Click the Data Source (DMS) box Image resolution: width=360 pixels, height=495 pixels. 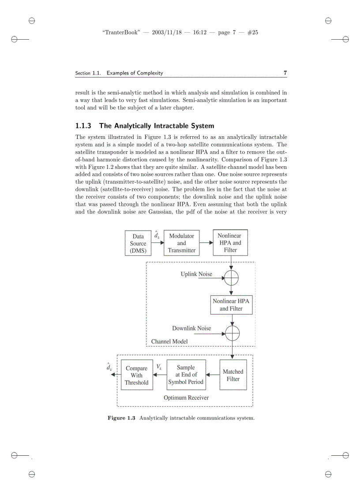coord(138,243)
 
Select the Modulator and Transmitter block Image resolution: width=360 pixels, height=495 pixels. coord(181,243)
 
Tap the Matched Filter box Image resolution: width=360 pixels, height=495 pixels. coord(233,375)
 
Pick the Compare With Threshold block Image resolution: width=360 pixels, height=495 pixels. coord(136,376)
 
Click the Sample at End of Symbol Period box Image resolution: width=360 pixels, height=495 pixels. coord(186,375)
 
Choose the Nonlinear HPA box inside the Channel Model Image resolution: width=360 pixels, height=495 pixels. coord(231,305)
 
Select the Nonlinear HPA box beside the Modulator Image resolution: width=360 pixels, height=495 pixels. coord(230,242)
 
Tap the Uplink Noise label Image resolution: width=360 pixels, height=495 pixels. coord(196,274)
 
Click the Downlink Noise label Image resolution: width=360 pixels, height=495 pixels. coord(191,328)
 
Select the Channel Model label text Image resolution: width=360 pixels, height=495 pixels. coord(169,342)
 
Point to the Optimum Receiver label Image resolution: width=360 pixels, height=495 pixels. coord(186,398)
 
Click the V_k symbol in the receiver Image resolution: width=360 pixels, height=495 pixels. coord(159,367)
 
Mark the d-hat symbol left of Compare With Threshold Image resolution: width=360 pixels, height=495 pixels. coord(109,367)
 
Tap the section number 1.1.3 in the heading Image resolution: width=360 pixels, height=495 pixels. coord(84,126)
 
